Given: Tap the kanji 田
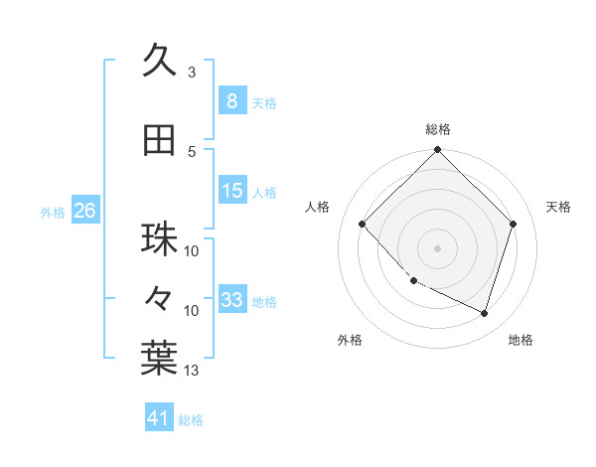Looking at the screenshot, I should click(x=159, y=140).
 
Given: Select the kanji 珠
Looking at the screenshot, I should click(x=159, y=239).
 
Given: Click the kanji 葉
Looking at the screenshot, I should click(x=159, y=359).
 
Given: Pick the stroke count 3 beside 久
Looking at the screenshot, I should click(x=192, y=73).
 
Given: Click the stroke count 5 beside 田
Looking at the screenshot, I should click(x=192, y=152).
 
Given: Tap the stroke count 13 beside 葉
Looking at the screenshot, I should click(x=192, y=371).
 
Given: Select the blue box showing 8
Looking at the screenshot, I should click(x=231, y=101).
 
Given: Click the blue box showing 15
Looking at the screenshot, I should click(x=231, y=191).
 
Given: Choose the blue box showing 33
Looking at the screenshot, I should click(x=231, y=300).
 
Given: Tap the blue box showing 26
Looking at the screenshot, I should click(x=84, y=211).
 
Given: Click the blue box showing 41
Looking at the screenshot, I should click(x=159, y=419).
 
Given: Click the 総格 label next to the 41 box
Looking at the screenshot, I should click(x=191, y=420).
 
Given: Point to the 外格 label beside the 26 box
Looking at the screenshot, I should click(x=52, y=212).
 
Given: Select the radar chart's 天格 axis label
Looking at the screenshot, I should click(x=558, y=207).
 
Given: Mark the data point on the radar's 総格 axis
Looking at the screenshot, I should click(x=437, y=150).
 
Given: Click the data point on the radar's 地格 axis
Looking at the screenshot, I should click(x=485, y=314).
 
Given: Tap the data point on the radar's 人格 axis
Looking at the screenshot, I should click(x=363, y=225).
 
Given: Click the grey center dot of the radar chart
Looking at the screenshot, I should click(x=437, y=248).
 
